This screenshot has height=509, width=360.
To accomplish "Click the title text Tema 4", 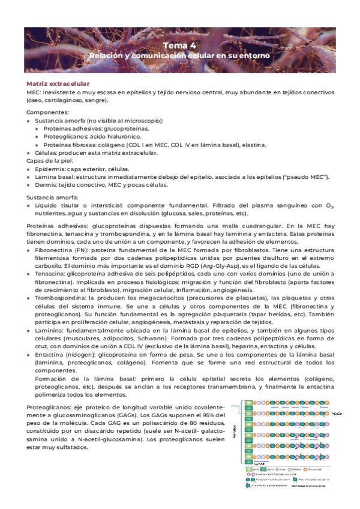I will coord(179,46).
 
